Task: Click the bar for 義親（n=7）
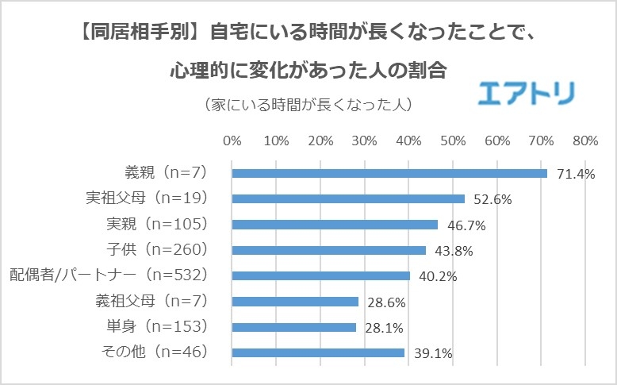389,173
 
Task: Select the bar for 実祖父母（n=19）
347,198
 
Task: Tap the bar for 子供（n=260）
328,250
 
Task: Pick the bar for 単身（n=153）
293,327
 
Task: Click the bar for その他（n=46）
317,352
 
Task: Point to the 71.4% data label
576,174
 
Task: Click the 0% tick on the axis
232,141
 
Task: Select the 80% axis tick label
584,141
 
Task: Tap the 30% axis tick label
364,141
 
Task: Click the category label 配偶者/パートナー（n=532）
109,275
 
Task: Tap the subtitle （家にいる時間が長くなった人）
308,105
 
